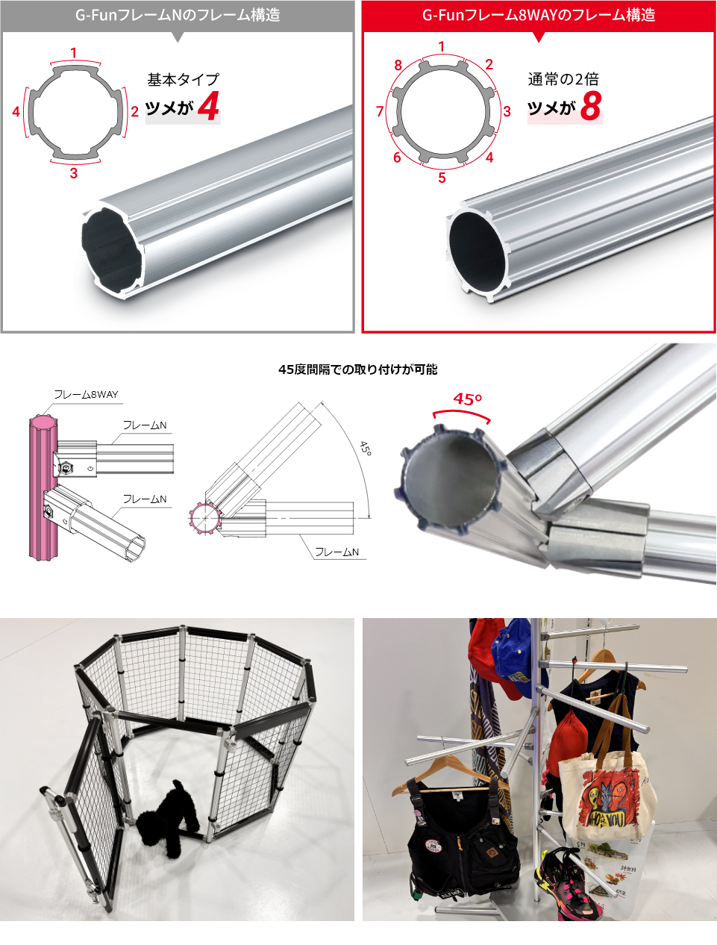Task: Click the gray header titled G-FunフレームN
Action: [178, 16]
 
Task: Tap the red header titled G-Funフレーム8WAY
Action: [539, 16]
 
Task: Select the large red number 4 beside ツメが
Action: [209, 106]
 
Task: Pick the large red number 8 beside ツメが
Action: [591, 106]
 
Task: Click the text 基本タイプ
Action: [183, 80]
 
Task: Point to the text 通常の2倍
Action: [563, 79]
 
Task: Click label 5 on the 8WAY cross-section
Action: [442, 178]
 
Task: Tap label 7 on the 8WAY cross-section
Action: [379, 111]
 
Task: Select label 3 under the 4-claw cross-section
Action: [74, 173]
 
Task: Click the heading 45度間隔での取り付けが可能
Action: [358, 369]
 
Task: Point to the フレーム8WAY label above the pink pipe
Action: [86, 394]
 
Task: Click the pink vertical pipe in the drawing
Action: [43, 487]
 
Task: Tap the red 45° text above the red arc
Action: [467, 399]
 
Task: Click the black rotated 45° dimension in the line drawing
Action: [365, 448]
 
